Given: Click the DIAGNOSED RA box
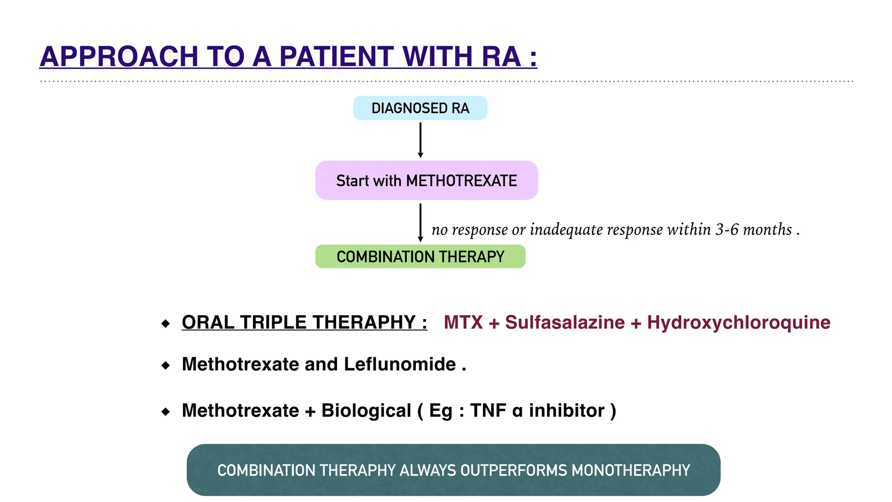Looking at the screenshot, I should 420,108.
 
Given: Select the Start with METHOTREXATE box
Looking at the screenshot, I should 426,180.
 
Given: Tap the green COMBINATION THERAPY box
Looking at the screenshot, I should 420,257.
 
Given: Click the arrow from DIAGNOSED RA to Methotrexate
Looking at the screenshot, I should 420,139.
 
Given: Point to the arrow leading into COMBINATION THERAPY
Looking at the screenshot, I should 420,222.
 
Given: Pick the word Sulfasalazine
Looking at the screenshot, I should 565,322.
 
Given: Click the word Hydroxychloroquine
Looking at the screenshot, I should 739,322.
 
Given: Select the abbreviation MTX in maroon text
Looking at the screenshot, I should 463,322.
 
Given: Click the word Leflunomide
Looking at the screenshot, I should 400,364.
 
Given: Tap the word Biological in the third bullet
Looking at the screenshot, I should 366,410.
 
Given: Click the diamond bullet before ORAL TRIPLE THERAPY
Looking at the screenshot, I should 166,323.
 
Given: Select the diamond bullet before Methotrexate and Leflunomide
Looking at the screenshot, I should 166,365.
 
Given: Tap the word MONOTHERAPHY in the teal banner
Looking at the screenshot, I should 631,471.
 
